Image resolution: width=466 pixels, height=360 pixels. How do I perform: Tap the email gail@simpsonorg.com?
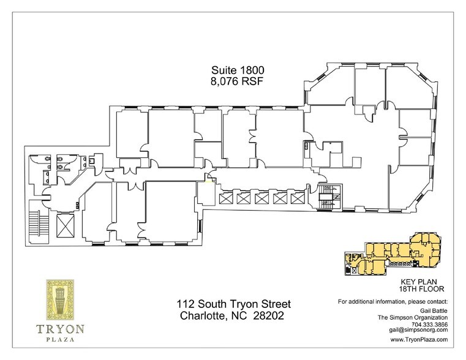(416, 330)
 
